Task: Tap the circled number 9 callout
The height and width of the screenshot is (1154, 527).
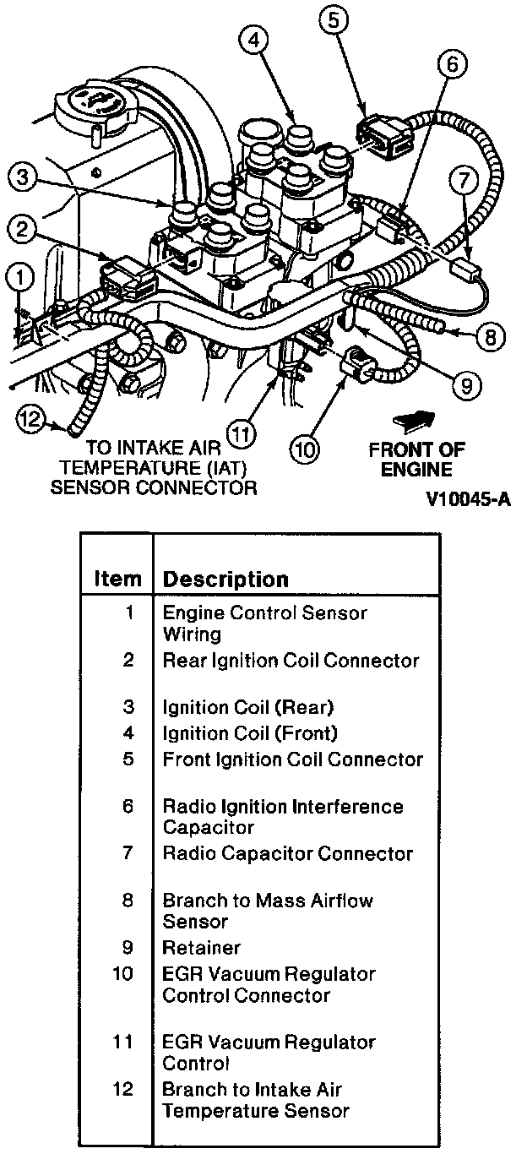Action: point(465,386)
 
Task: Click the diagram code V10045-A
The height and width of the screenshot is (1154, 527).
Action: point(470,498)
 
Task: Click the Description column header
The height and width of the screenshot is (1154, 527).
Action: point(225,580)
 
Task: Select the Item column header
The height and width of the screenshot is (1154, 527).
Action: point(117,580)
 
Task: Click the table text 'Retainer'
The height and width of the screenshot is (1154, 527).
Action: point(201,948)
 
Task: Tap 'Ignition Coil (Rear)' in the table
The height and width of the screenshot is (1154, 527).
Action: point(247,706)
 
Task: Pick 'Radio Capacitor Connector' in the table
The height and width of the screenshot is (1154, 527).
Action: point(287,853)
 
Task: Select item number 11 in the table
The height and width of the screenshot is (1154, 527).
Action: point(124,1042)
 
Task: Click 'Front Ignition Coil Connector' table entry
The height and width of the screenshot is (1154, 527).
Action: point(292,759)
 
